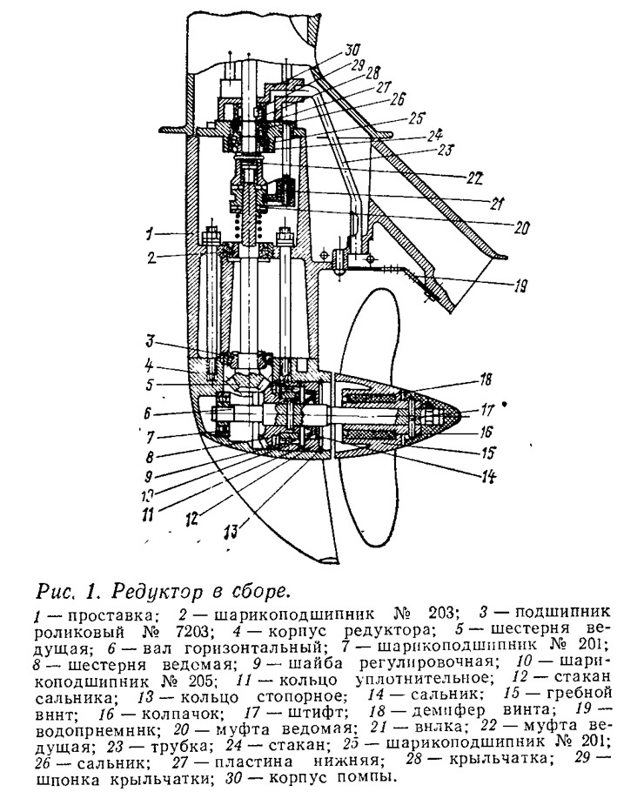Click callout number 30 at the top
click(x=352, y=50)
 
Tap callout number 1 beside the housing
click(x=149, y=234)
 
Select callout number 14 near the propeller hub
click(x=488, y=476)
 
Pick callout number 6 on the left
click(x=147, y=413)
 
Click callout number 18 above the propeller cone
click(x=486, y=379)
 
